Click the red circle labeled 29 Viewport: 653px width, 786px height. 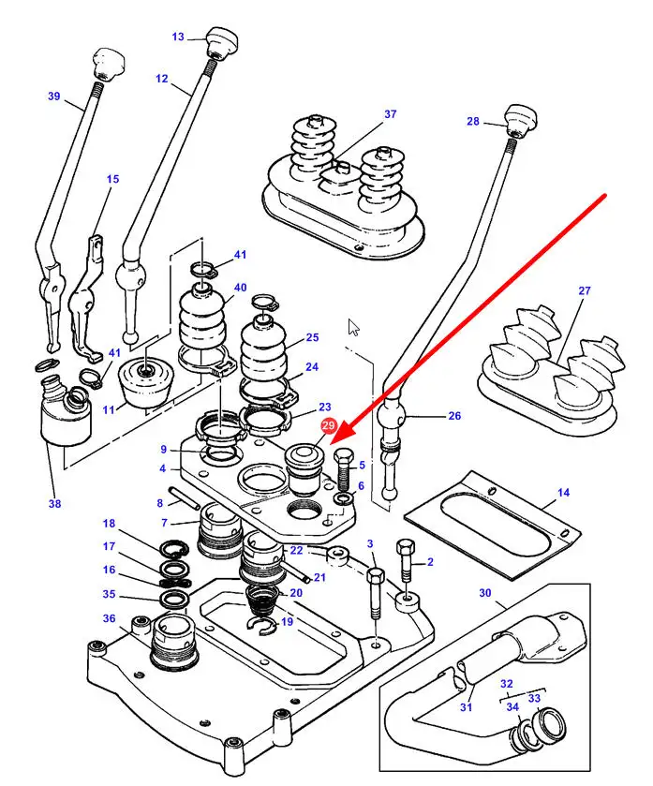pyautogui.click(x=328, y=425)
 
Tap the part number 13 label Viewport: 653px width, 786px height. pyautogui.click(x=178, y=37)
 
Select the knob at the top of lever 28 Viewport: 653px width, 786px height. pyautogui.click(x=520, y=119)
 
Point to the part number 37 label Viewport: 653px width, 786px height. pyautogui.click(x=390, y=114)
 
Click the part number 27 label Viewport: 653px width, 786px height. pyautogui.click(x=585, y=291)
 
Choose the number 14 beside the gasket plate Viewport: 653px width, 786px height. pyautogui.click(x=563, y=493)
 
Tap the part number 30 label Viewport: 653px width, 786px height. pyautogui.click(x=484, y=593)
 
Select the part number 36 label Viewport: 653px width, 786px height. pyautogui.click(x=109, y=618)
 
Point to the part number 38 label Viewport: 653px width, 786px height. pyautogui.click(x=55, y=503)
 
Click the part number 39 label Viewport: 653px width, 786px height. pyautogui.click(x=53, y=96)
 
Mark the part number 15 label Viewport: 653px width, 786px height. pyautogui.click(x=112, y=179)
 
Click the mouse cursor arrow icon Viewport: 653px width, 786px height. pyautogui.click(x=353, y=327)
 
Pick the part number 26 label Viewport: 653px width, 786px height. pyautogui.click(x=454, y=417)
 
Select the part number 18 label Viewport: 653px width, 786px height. pyautogui.click(x=109, y=524)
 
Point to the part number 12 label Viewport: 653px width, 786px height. pyautogui.click(x=161, y=80)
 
